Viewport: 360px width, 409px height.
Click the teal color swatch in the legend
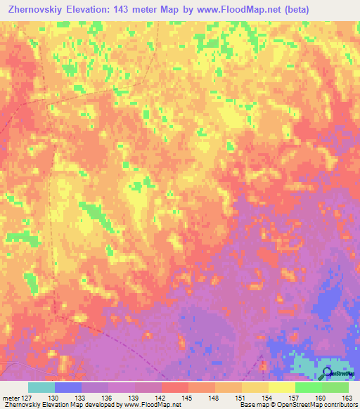click(x=41, y=387)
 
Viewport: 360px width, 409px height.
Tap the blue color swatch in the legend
click(x=68, y=387)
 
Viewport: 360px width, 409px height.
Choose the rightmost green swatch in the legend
click(x=335, y=387)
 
